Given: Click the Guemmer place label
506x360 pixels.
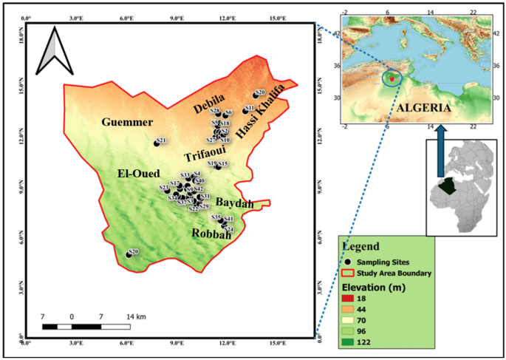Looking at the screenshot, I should (127, 122).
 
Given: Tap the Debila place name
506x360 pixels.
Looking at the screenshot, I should (208, 108).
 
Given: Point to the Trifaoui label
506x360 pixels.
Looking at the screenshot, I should (204, 156).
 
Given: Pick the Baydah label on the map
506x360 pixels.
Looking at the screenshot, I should (234, 203).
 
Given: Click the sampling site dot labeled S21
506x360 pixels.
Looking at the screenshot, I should (157, 143).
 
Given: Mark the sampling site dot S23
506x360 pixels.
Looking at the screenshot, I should (167, 190).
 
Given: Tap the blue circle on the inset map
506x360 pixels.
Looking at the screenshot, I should (391, 75).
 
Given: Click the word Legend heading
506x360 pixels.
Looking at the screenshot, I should (362, 245).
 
